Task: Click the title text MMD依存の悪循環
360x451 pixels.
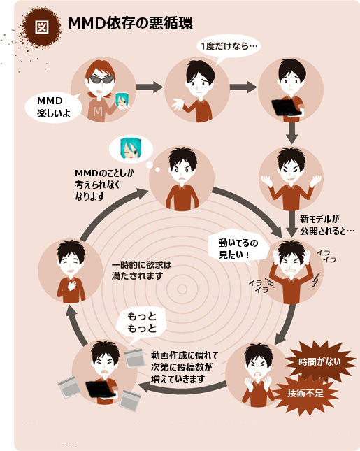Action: tap(130, 23)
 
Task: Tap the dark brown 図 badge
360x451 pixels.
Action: tap(42, 27)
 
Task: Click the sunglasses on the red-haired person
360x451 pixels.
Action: tap(101, 79)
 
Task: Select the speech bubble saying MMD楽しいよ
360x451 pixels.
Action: tap(54, 107)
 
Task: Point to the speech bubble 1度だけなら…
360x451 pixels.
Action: tap(229, 48)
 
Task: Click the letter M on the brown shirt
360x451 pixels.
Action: tap(98, 112)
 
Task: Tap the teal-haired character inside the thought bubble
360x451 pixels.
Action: tap(131, 148)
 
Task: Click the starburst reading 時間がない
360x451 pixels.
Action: tap(319, 361)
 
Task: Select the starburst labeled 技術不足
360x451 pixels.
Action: tap(305, 393)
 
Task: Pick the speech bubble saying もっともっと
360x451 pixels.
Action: tap(141, 324)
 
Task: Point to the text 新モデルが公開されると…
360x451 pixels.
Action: tap(326, 225)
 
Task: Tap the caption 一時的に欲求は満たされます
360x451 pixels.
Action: tap(141, 271)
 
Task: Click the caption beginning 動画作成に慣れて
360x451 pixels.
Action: tap(185, 367)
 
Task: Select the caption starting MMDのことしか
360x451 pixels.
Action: tap(104, 185)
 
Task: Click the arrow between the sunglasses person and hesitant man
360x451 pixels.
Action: tap(149, 87)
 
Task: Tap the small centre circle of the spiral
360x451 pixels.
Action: tap(182, 289)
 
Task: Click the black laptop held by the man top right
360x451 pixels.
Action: tap(286, 108)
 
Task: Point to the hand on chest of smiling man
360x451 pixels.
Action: tap(71, 285)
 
